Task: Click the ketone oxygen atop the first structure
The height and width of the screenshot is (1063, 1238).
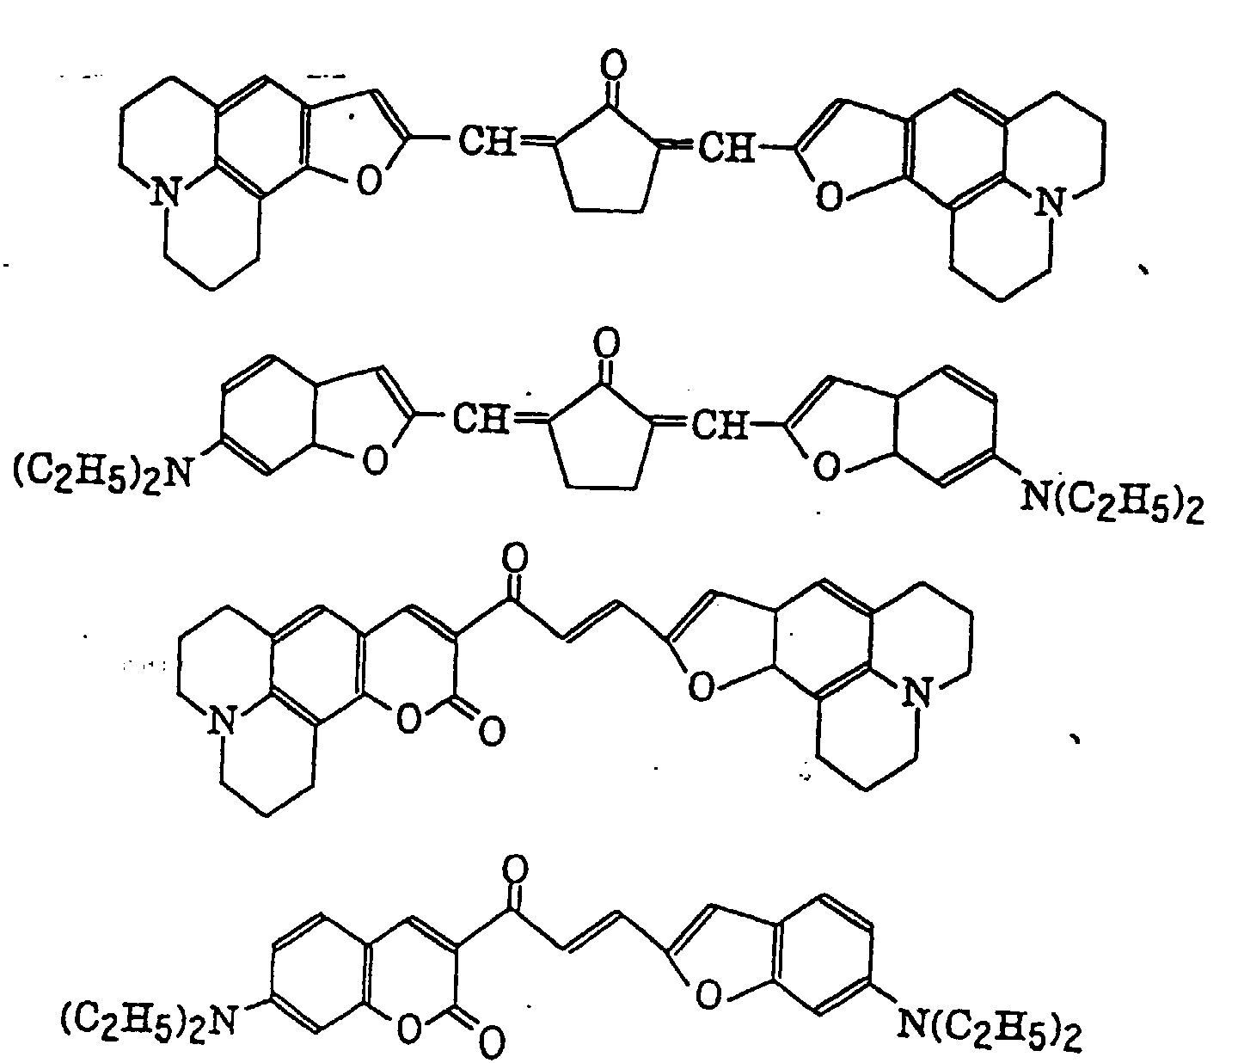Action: [x=614, y=65]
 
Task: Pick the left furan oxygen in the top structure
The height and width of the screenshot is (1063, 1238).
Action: [x=368, y=183]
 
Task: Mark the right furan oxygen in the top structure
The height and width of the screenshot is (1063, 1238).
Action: [x=828, y=197]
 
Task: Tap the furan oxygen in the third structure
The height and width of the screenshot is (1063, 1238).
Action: [x=702, y=685]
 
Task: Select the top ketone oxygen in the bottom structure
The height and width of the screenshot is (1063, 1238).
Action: [x=515, y=869]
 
